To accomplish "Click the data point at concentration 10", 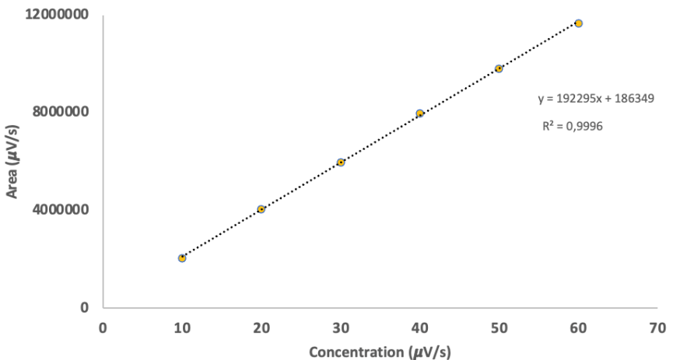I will (x=182, y=257).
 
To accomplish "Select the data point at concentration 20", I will (x=261, y=208).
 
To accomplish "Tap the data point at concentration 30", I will (x=341, y=162).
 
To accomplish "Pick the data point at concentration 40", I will (x=420, y=114).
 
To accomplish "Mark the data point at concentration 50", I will (x=499, y=68).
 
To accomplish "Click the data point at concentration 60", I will (x=578, y=23).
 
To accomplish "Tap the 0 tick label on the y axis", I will (x=86, y=307).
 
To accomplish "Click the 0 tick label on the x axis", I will (x=103, y=327).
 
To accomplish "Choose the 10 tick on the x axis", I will (x=182, y=327).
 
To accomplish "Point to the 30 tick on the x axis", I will (x=341, y=327).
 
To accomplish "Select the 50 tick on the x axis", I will (x=499, y=327).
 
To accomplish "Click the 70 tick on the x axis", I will (x=657, y=327).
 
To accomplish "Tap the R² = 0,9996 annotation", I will (x=572, y=126).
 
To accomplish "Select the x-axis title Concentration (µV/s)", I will (x=379, y=351).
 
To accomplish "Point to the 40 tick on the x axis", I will (x=420, y=327).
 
